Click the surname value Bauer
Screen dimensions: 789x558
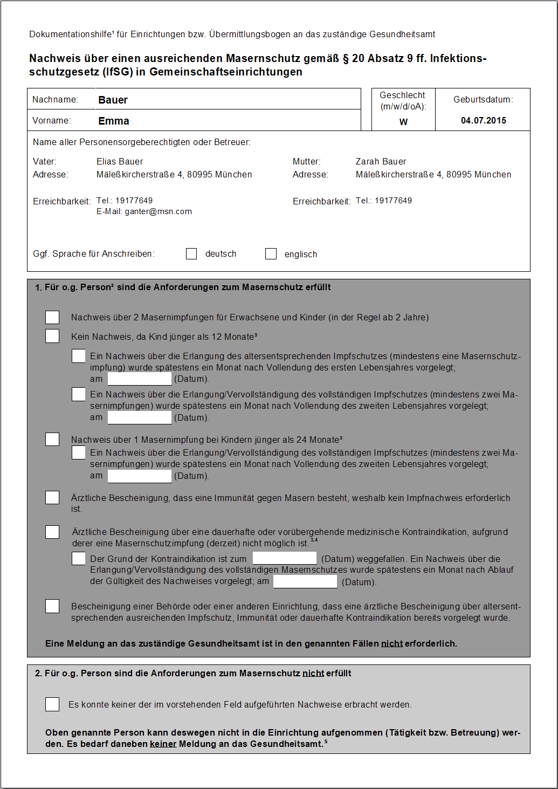pyautogui.click(x=113, y=100)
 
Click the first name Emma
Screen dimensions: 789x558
pyautogui.click(x=113, y=121)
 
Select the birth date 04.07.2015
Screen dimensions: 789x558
pyautogui.click(x=483, y=120)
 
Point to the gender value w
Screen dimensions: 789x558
pyautogui.click(x=403, y=122)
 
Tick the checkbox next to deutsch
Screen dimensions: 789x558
pyautogui.click(x=191, y=253)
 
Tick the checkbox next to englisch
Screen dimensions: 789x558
pyautogui.click(x=271, y=253)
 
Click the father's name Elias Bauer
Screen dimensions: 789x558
pyautogui.click(x=120, y=161)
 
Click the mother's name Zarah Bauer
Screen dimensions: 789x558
pyautogui.click(x=381, y=161)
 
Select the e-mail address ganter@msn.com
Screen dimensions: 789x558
pyautogui.click(x=158, y=211)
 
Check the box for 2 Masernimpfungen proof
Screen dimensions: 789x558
pyautogui.click(x=52, y=317)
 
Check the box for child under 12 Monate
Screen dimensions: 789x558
pyautogui.click(x=52, y=336)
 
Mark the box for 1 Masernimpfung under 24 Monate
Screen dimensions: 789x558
pyautogui.click(x=52, y=439)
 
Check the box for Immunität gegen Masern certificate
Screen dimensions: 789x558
pyautogui.click(x=52, y=497)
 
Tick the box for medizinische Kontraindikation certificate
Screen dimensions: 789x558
pyautogui.click(x=52, y=532)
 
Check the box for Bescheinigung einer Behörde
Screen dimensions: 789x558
pyautogui.click(x=52, y=606)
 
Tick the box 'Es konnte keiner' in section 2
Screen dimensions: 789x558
pyautogui.click(x=52, y=704)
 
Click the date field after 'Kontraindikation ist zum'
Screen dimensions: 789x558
pyautogui.click(x=284, y=558)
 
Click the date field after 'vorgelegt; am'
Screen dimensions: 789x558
pyautogui.click(x=305, y=581)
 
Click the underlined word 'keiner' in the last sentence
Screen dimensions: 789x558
pyautogui.click(x=163, y=744)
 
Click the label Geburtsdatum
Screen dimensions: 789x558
pyautogui.click(x=483, y=99)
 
